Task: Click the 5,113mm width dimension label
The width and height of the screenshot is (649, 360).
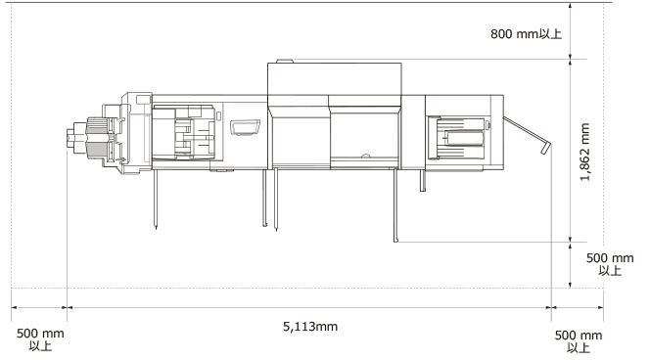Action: point(310,327)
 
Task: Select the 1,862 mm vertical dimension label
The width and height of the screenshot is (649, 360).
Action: point(584,152)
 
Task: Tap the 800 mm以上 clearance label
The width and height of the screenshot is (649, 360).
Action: point(526,34)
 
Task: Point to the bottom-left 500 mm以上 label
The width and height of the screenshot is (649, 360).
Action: point(40,339)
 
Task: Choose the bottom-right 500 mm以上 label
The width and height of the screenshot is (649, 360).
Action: point(579,341)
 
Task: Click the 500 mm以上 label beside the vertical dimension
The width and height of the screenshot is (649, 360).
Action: point(610,264)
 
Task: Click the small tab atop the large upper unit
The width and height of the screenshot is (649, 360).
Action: point(284,62)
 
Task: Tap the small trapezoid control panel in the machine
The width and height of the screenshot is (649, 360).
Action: point(245,127)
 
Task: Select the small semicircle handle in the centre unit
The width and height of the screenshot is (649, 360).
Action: point(365,156)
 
